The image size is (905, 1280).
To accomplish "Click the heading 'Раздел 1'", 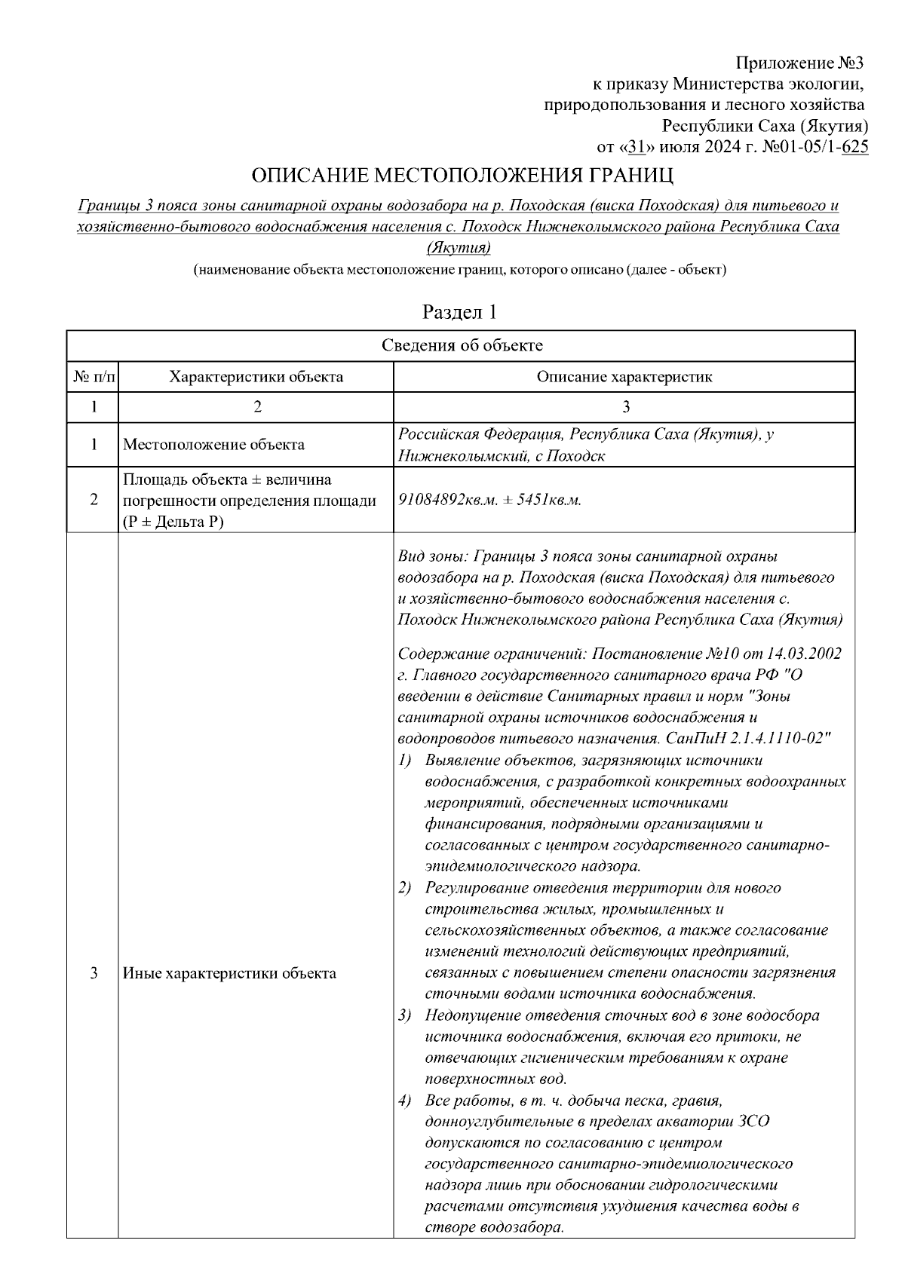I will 459,311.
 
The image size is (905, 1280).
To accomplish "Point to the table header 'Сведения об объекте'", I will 461,345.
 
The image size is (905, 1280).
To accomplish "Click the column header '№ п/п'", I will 94,376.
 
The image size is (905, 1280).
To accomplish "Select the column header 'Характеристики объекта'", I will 256,376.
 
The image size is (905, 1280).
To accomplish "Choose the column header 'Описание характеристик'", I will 624,376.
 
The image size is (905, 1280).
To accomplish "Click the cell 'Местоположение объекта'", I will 213,445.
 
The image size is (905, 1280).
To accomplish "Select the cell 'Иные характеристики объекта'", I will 229,973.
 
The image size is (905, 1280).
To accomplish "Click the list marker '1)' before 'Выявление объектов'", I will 405,761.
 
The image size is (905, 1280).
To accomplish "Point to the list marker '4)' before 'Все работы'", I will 405,1100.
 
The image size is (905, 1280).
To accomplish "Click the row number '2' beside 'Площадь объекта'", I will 94,500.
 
